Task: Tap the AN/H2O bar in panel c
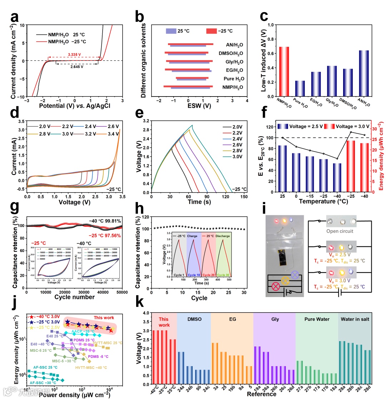364,74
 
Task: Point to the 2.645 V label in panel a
76,66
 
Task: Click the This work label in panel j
104,317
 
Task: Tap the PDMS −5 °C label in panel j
98,356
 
